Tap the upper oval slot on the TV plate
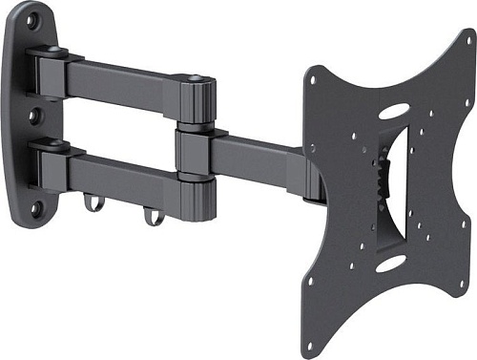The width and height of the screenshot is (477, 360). [392, 112]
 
